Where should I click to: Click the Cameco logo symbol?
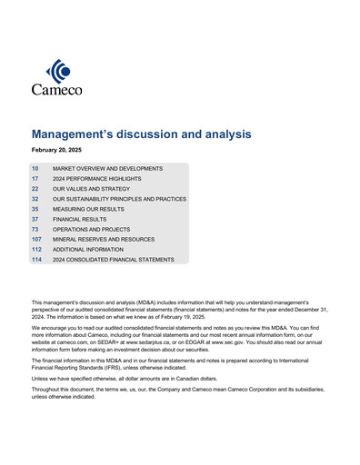pyautogui.click(x=57, y=70)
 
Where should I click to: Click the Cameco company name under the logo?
pyautogui.click(x=56, y=89)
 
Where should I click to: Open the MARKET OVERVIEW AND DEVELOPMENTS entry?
pyautogui.click(x=107, y=169)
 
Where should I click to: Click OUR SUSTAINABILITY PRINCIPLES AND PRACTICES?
pyautogui.click(x=119, y=199)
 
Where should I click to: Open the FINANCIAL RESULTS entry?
pyautogui.click(x=80, y=220)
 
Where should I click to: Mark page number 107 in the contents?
pyautogui.click(x=36, y=240)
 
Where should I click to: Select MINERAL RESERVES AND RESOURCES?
pyautogui.click(x=104, y=240)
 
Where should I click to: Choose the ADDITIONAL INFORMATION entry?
pyautogui.click(x=92, y=250)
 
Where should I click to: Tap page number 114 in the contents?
pyautogui.click(x=36, y=260)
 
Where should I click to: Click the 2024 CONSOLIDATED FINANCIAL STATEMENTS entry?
pyautogui.click(x=112, y=260)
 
